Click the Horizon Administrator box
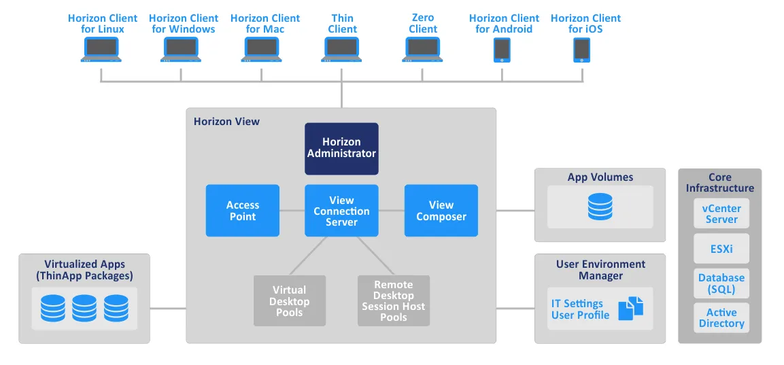[x=341, y=148]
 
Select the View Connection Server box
[x=341, y=211]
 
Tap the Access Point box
[x=243, y=211]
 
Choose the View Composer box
[x=441, y=211]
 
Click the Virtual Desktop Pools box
[x=290, y=300]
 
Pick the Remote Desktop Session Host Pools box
[x=394, y=300]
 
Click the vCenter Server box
[x=721, y=213]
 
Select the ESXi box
[x=721, y=249]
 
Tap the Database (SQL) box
[x=721, y=283]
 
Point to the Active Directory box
[x=721, y=318]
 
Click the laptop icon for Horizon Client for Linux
[x=101, y=50]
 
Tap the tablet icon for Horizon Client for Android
[x=502, y=50]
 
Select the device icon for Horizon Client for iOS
[x=582, y=50]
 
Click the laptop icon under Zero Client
[x=423, y=50]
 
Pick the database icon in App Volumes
[x=600, y=207]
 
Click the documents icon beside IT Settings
[x=630, y=308]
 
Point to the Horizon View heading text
[x=226, y=122]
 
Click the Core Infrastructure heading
[x=720, y=182]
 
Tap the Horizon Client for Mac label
[x=265, y=23]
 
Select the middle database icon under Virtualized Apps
[x=84, y=308]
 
